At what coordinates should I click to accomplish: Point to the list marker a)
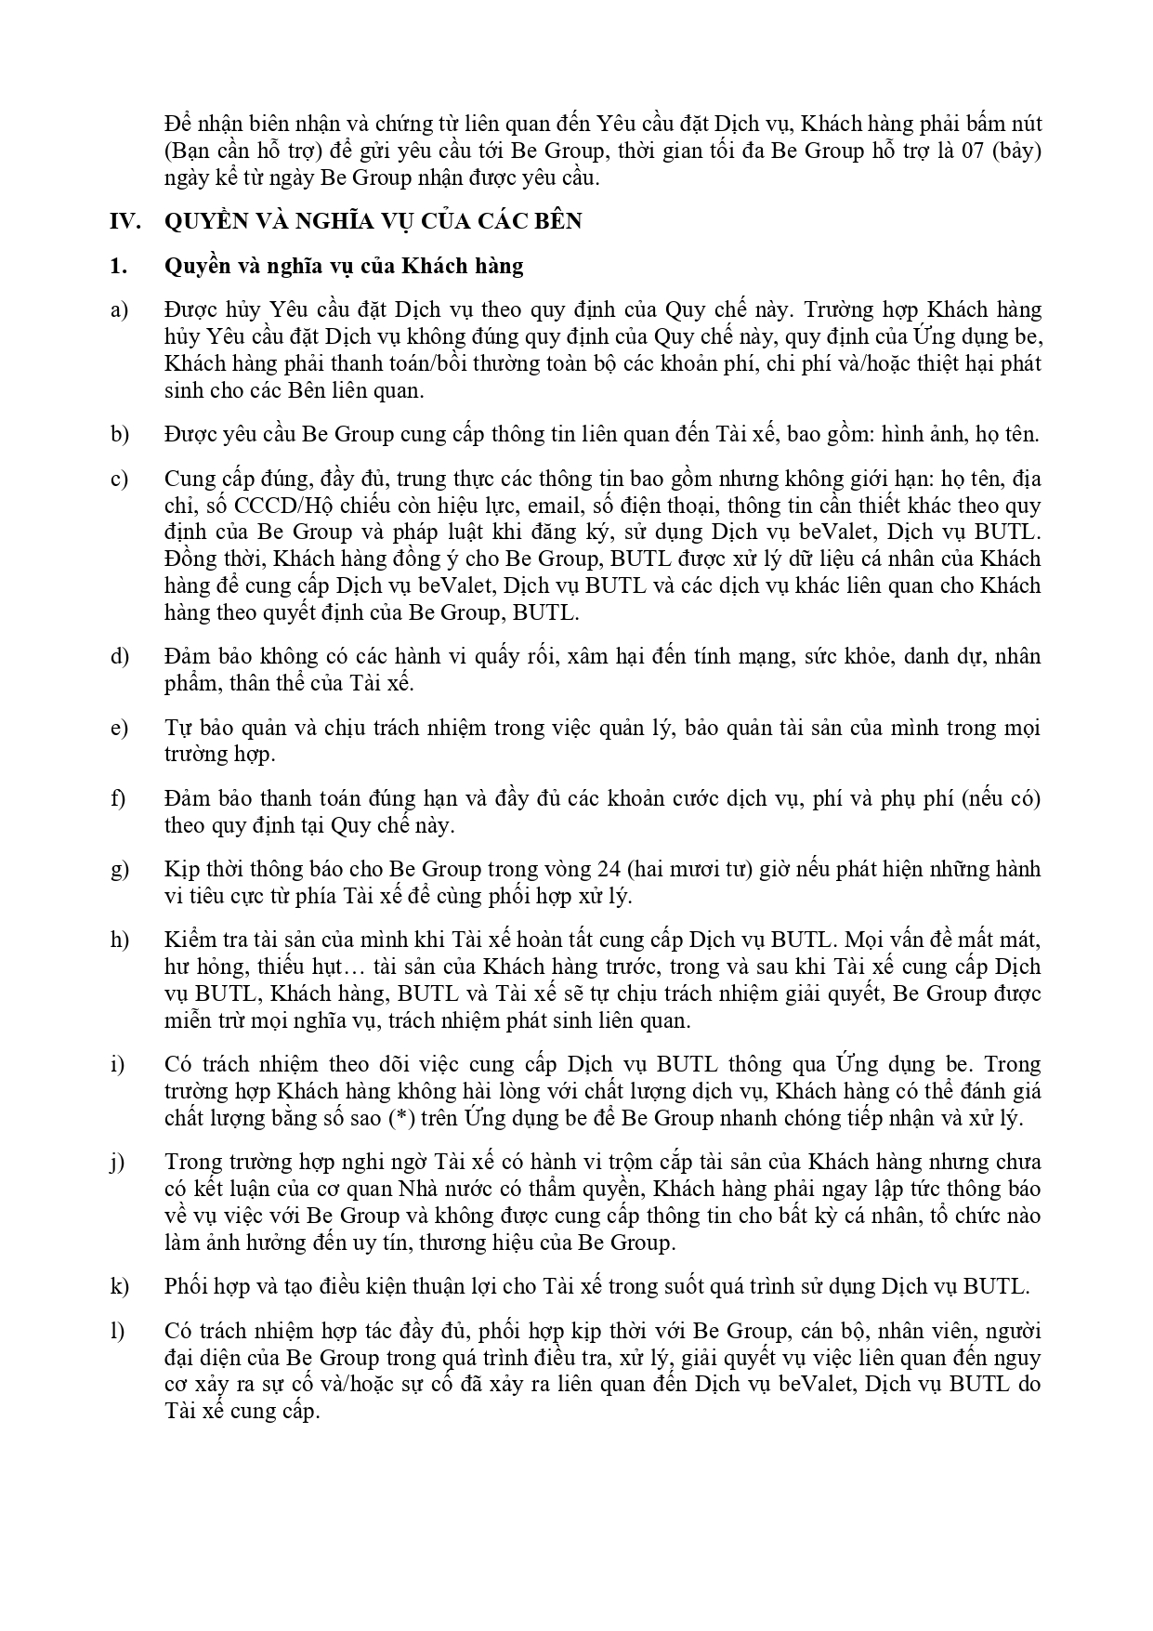coord(119,309)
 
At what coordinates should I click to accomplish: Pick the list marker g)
coord(119,869)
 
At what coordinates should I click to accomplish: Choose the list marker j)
coord(118,1162)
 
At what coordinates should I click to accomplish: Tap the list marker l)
coord(117,1331)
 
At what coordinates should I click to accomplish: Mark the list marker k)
coord(119,1286)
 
